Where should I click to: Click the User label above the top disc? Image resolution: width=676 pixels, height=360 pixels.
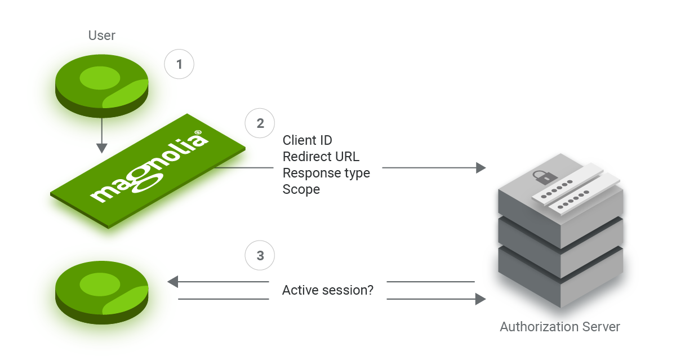tap(102, 35)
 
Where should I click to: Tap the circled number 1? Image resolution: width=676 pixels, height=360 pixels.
tap(179, 64)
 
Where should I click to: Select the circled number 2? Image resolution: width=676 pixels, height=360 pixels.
tap(260, 123)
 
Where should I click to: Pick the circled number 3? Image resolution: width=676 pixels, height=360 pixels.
tap(260, 256)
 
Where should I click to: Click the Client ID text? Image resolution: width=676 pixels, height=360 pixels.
tap(307, 140)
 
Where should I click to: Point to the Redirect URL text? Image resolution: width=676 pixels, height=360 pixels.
tap(321, 157)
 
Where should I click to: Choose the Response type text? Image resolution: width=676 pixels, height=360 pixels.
tap(326, 173)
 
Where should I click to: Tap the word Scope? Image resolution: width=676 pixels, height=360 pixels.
tap(301, 189)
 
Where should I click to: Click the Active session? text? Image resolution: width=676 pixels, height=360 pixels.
tap(327, 291)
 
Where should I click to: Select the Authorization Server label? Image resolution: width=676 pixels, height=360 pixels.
tap(560, 327)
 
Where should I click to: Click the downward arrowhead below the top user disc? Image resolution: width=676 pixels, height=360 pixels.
tap(101, 148)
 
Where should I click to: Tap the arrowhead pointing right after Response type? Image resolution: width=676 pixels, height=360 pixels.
tap(481, 167)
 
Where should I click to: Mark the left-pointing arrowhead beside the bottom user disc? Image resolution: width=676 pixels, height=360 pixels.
tap(173, 282)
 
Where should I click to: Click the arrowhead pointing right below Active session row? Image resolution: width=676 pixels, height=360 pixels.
tap(481, 299)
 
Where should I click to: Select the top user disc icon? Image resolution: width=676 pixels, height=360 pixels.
tap(102, 86)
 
